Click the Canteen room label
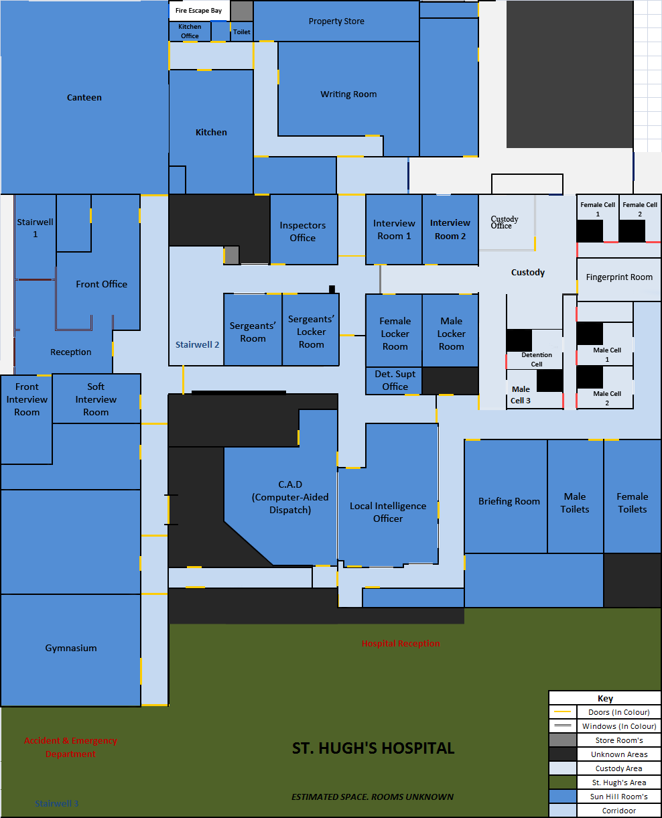pyautogui.click(x=84, y=98)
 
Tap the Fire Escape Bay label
pyautogui.click(x=198, y=10)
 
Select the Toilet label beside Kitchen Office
pyautogui.click(x=241, y=32)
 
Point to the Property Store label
pyautogui.click(x=336, y=21)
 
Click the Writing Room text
pyautogui.click(x=348, y=94)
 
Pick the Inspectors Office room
pyautogui.click(x=303, y=232)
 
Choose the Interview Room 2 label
pyautogui.click(x=450, y=229)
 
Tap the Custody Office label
pyautogui.click(x=504, y=222)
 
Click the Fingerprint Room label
pyautogui.click(x=619, y=277)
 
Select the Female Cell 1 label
pyautogui.click(x=598, y=209)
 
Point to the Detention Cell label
pyautogui.click(x=537, y=360)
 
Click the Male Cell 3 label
pyautogui.click(x=521, y=395)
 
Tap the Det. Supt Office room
pyautogui.click(x=395, y=381)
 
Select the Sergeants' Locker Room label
pyautogui.click(x=311, y=332)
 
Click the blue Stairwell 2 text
pyautogui.click(x=197, y=344)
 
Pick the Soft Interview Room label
pyautogui.click(x=96, y=399)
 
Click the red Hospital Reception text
pyautogui.click(x=401, y=643)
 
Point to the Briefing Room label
pyautogui.click(x=509, y=501)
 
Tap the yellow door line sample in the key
pyautogui.click(x=563, y=711)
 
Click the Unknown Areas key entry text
pyautogui.click(x=619, y=754)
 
